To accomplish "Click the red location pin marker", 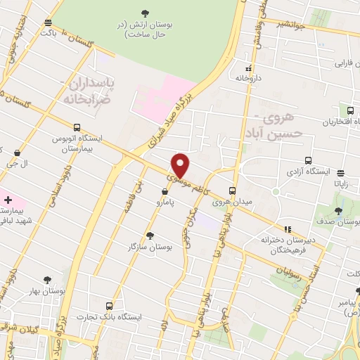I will point(181,165).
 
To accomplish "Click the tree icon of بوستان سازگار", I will point(149,236).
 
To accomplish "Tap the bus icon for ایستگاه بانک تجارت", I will point(109,306).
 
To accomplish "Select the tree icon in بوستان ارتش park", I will point(146,13).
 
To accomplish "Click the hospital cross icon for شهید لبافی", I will point(8,200).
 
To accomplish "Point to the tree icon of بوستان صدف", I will point(337,210).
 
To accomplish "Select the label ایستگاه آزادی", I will point(304,171).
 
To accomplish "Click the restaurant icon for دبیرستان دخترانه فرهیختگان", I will point(287,229).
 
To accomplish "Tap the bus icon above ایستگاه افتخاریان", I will point(349,110).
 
